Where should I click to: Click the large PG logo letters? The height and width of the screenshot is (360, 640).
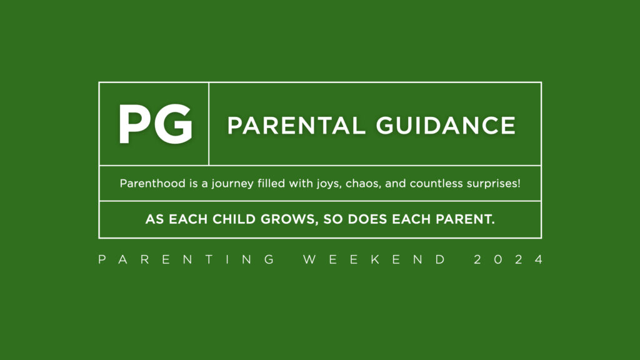click(156, 124)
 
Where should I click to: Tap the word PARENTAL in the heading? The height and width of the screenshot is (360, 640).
click(296, 125)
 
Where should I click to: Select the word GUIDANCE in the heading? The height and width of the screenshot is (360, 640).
click(446, 125)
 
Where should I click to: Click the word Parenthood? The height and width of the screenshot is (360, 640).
click(152, 183)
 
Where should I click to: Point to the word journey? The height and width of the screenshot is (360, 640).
click(232, 184)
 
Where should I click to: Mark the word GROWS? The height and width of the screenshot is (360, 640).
click(289, 219)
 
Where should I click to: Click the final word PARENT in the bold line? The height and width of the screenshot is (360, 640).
click(465, 219)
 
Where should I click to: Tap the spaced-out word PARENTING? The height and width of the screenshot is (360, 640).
click(186, 259)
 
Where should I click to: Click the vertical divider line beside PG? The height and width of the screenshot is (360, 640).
click(209, 124)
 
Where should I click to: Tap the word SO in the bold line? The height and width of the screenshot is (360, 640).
click(333, 219)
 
